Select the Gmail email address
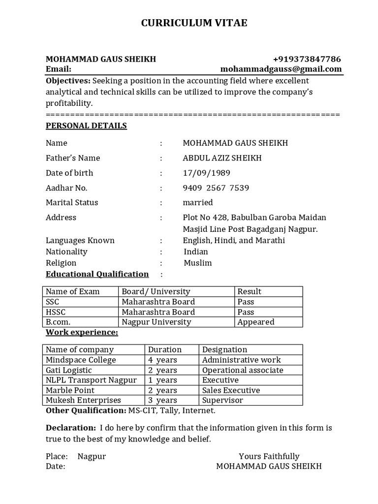coord(281,69)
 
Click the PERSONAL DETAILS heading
coord(86,126)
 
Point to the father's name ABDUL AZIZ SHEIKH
coord(222,158)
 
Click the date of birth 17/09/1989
coord(206,173)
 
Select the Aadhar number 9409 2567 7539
coord(216,188)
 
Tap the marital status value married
coord(198,202)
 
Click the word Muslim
coord(198,263)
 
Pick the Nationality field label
coord(66,252)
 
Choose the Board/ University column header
coord(156,291)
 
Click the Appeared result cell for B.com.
coord(256,322)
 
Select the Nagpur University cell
coord(157,322)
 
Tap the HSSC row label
coord(56,312)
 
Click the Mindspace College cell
coord(81,360)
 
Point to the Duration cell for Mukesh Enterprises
coord(163,400)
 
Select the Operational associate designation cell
coord(243,370)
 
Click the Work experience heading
coord(82,332)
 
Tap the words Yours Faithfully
coord(269,456)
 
